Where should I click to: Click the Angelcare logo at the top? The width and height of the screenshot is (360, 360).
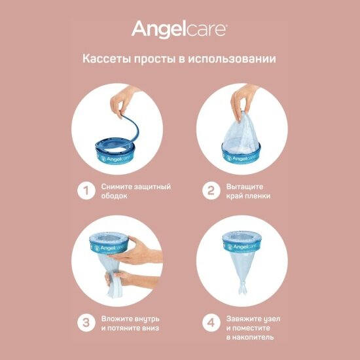(x=179, y=29)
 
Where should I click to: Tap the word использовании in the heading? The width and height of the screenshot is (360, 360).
(x=232, y=59)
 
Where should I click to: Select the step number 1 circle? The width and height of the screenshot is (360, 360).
(x=86, y=190)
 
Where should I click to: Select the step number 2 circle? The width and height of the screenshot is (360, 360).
(x=211, y=190)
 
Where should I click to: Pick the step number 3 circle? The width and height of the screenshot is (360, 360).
(x=86, y=323)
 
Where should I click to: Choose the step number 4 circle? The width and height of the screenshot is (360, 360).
(x=211, y=323)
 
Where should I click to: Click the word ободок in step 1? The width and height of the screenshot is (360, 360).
(x=114, y=196)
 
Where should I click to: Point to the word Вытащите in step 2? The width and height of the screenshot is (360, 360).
(x=245, y=187)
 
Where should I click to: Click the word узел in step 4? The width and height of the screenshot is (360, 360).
(x=272, y=319)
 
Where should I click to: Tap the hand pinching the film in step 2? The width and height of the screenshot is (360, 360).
(x=243, y=101)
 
